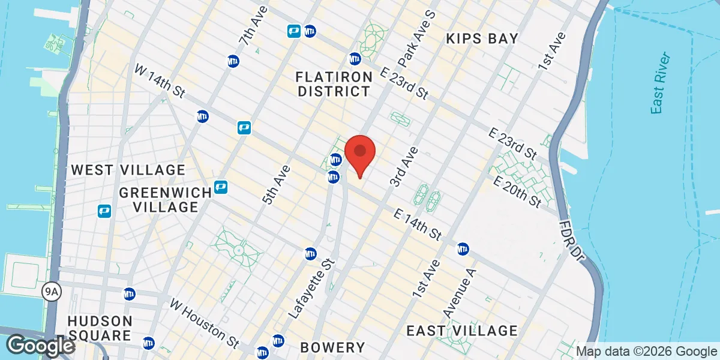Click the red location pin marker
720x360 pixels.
[x=360, y=154]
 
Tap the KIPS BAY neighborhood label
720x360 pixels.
[x=482, y=39]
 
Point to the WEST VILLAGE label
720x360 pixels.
[x=128, y=170]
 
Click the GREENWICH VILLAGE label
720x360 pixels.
[x=165, y=200]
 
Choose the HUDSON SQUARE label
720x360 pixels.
[x=100, y=328]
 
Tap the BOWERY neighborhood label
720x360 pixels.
[x=332, y=347]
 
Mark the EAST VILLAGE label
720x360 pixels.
[x=461, y=331]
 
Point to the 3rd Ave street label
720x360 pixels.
[x=404, y=166]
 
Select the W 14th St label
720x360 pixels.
[x=158, y=82]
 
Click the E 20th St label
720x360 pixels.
[x=517, y=193]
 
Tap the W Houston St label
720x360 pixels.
[x=204, y=324]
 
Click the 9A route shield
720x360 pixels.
[x=51, y=292]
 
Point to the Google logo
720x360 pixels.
[x=40, y=346]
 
